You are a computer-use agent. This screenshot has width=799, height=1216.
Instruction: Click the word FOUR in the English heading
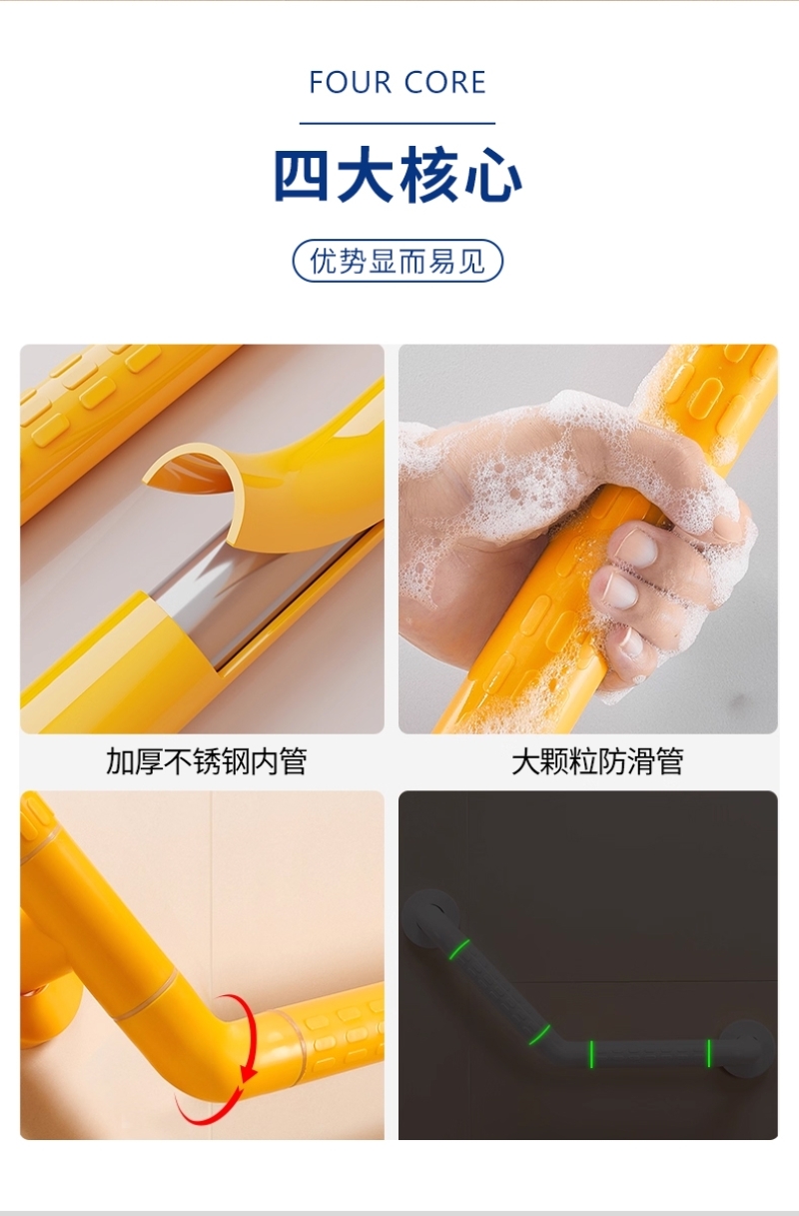coord(351,83)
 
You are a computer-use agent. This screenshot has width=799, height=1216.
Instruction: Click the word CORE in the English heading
coord(445,83)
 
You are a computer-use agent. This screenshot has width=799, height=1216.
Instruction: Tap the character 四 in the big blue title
coord(302,175)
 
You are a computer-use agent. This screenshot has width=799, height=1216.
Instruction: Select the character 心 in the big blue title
coord(493,175)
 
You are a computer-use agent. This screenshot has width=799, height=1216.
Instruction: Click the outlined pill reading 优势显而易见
coord(398,261)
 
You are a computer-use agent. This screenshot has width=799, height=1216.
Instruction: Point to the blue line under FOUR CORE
coord(398,123)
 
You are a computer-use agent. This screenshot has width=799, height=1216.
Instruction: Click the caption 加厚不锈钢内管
coord(207,761)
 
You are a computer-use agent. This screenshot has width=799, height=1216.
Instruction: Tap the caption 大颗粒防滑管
coord(597,761)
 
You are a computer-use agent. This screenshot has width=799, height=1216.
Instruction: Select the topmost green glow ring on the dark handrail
coord(459,949)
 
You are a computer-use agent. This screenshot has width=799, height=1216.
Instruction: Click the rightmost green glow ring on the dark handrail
coord(708,1053)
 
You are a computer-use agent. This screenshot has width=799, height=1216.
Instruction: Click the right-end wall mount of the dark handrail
coord(746,1050)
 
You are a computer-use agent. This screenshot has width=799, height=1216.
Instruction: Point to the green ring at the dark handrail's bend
coord(539,1035)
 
